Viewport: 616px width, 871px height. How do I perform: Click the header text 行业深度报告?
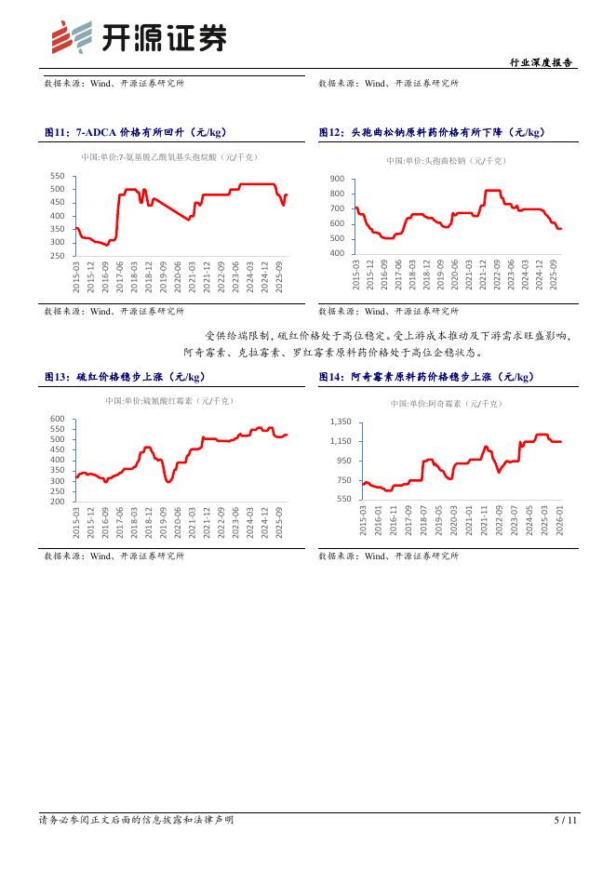542,63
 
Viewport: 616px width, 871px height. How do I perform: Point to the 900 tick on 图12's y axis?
336,179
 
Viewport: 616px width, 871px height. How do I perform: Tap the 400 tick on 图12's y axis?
336,253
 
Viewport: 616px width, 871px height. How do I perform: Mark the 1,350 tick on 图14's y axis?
339,422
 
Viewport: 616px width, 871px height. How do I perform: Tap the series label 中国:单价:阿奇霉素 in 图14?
447,404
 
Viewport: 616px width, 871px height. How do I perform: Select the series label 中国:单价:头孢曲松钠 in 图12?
446,161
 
